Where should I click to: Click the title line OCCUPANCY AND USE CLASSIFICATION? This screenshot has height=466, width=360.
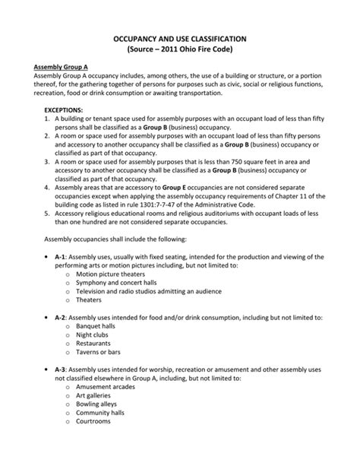pos(180,38)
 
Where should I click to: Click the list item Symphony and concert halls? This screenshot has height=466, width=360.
pos(118,283)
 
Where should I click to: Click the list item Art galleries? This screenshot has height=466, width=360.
pos(94,395)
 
